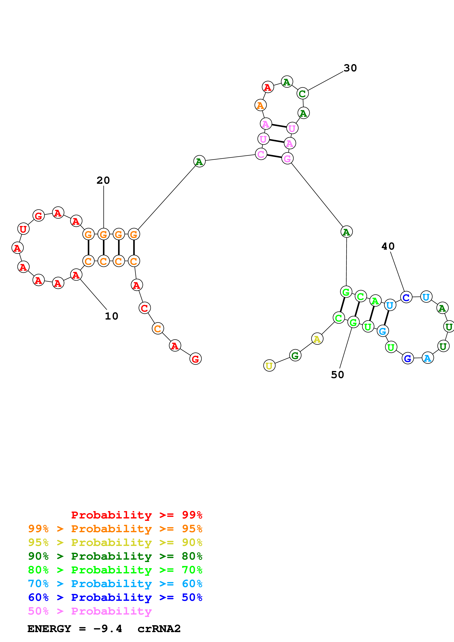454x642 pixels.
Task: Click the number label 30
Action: coord(350,68)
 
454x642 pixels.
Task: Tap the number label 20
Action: coord(103,180)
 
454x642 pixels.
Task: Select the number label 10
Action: coord(111,316)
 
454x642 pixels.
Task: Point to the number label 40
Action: coord(388,246)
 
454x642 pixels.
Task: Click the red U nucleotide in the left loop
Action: coord(23,229)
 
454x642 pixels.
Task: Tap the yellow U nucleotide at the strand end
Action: coord(269,365)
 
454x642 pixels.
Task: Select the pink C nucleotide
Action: coord(261,154)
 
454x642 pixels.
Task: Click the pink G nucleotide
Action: coord(287,158)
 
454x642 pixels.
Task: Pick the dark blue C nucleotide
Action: coord(406,297)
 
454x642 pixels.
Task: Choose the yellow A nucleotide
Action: coord(317,339)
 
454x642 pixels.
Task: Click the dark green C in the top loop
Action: coord(302,94)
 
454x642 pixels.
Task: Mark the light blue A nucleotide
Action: coord(427,358)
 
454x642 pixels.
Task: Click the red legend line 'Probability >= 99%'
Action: coord(136,515)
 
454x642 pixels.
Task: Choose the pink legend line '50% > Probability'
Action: coord(90,611)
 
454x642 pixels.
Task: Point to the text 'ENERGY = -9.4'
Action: coord(75,629)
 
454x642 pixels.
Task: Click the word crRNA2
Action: coord(159,629)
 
